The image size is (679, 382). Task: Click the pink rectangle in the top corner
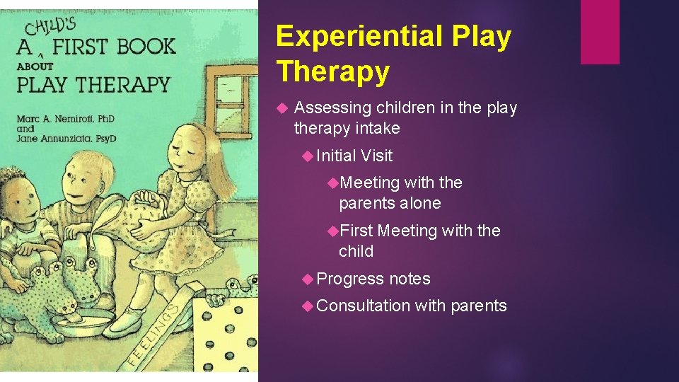600,32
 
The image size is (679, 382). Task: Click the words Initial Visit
354,156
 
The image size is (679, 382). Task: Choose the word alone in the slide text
420,204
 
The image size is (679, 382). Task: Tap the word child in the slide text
356,251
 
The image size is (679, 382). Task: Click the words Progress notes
373,279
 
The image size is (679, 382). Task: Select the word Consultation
364,306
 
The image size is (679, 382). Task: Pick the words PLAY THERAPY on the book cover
93,84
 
